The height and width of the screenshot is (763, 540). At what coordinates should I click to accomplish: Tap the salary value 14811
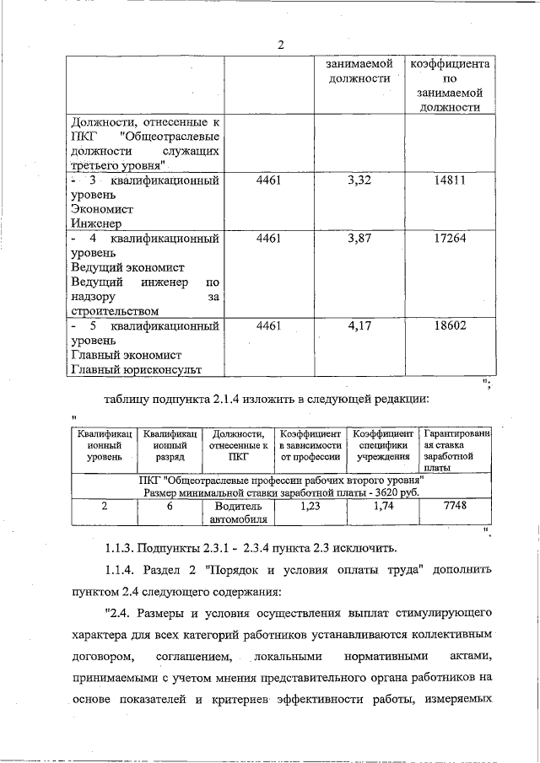[x=450, y=181]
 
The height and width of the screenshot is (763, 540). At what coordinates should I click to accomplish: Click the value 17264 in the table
[x=450, y=239]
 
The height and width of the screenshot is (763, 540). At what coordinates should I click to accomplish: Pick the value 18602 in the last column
[x=450, y=325]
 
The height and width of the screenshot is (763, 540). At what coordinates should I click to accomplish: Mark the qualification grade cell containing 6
[x=170, y=506]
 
